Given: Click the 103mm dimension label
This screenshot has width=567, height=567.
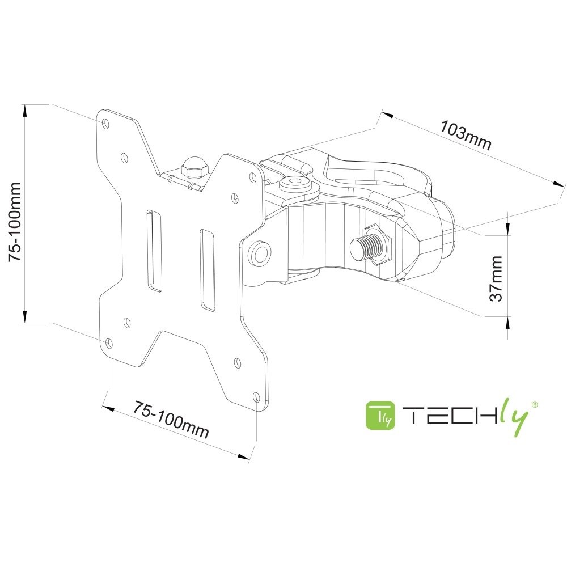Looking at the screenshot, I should pos(466,136).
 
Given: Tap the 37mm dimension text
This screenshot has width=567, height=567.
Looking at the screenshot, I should pos(496,278).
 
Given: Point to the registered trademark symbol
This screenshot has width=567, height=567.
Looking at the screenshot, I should pos(534,404).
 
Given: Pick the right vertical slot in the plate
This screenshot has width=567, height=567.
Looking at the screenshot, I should pos(206,270).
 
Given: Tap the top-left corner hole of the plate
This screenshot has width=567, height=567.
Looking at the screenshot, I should pos(106,122).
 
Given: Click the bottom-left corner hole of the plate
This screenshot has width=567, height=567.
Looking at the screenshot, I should pos(108,344).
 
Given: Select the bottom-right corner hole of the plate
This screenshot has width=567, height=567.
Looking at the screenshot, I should pos(256,396).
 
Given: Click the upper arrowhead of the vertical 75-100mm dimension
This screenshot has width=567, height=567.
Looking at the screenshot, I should pos(25,111).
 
